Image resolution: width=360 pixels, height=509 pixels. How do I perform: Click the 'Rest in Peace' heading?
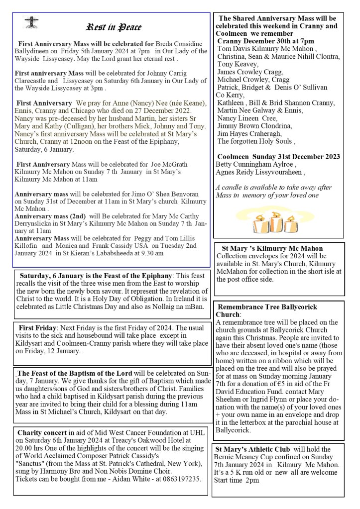point(114,27)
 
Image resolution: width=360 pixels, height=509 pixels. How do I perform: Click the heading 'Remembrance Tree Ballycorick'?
point(266,306)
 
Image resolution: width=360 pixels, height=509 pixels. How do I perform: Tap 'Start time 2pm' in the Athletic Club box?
point(237,480)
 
